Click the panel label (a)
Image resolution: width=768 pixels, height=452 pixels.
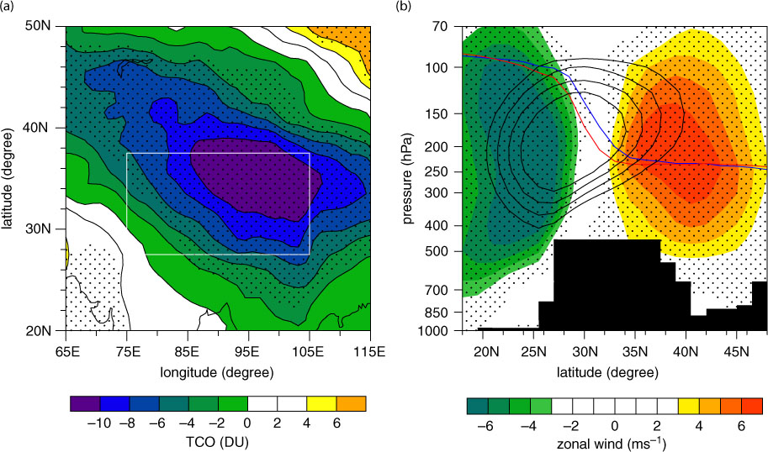click(6, 6)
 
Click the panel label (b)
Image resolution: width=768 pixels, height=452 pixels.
click(404, 6)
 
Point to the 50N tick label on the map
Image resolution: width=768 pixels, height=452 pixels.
click(38, 26)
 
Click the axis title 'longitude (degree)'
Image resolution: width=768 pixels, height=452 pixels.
click(216, 373)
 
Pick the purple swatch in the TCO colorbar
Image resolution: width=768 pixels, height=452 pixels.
click(85, 403)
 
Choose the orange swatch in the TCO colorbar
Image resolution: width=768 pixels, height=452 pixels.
click(351, 403)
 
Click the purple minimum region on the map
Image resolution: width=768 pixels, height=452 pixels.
click(255, 179)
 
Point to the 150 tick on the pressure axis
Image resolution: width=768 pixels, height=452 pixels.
click(439, 113)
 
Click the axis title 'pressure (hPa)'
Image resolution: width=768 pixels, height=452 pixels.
click(407, 179)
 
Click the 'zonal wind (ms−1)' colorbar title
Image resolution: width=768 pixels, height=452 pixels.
click(612, 444)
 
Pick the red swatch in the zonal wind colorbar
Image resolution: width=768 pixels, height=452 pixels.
click(752, 406)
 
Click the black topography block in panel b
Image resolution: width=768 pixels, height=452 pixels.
click(607, 284)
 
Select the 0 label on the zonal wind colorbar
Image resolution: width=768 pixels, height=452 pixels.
click(615, 426)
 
